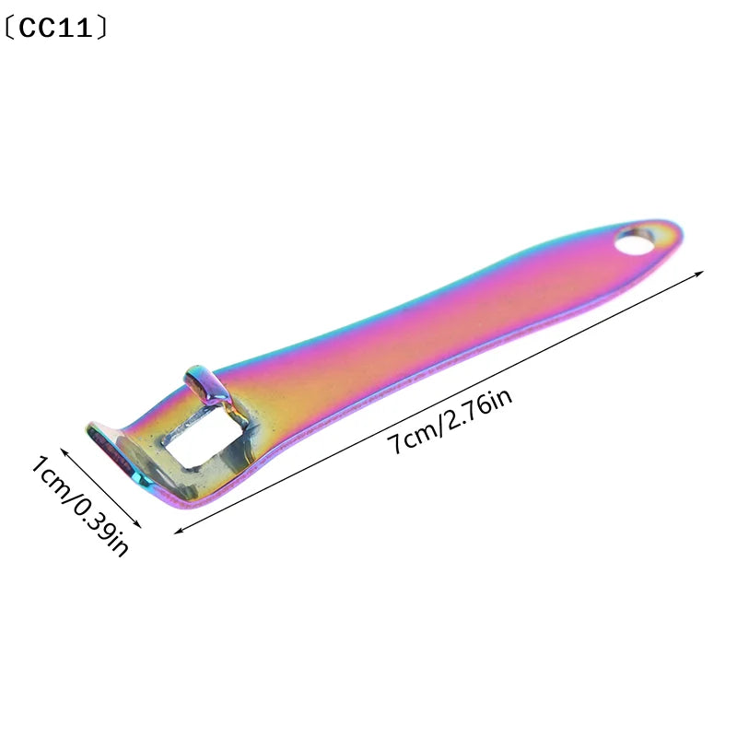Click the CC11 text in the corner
click(x=56, y=29)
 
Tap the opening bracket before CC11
click(x=8, y=29)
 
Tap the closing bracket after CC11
click(x=102, y=29)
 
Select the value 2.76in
click(x=478, y=407)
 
